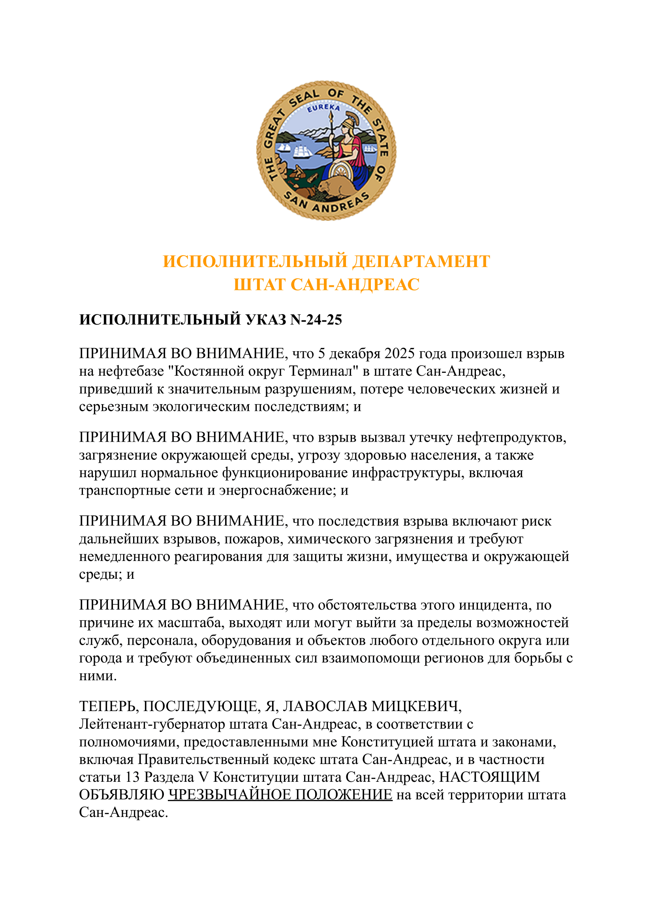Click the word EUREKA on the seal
coord(323,107)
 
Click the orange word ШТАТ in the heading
coord(259,284)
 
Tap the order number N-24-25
coord(316,320)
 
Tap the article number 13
coord(132,777)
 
